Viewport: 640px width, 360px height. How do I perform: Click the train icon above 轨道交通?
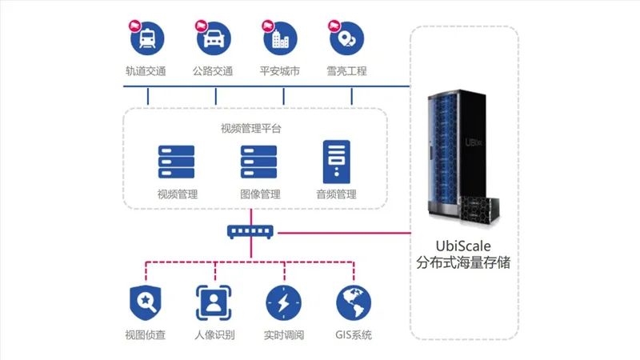pos(147,38)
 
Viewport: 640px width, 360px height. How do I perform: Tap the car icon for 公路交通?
pos(214,38)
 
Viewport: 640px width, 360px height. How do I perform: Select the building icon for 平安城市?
pos(281,38)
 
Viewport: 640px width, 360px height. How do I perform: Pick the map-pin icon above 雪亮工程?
pos(347,38)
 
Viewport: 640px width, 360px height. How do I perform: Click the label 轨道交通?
pos(146,71)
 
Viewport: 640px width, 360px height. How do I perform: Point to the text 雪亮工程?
pos(346,71)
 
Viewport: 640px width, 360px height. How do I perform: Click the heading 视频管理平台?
pos(251,129)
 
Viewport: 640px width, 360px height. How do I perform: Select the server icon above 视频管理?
pos(176,162)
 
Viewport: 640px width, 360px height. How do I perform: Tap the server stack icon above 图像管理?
pos(258,162)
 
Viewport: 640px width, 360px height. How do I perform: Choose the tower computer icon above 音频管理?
pos(336,162)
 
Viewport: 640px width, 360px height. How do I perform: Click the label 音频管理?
pos(336,194)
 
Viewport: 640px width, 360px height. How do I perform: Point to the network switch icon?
pos(250,232)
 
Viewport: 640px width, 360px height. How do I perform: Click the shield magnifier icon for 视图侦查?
pos(146,303)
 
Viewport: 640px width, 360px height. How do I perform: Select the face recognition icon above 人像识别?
pos(214,303)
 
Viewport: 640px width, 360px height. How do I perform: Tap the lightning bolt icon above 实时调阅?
pos(284,303)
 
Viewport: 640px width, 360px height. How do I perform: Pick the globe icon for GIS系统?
pos(354,303)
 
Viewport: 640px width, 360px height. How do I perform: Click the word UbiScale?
pos(463,246)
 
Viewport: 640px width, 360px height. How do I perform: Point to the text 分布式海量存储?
pos(463,262)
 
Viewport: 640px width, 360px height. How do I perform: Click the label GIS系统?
pos(354,335)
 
